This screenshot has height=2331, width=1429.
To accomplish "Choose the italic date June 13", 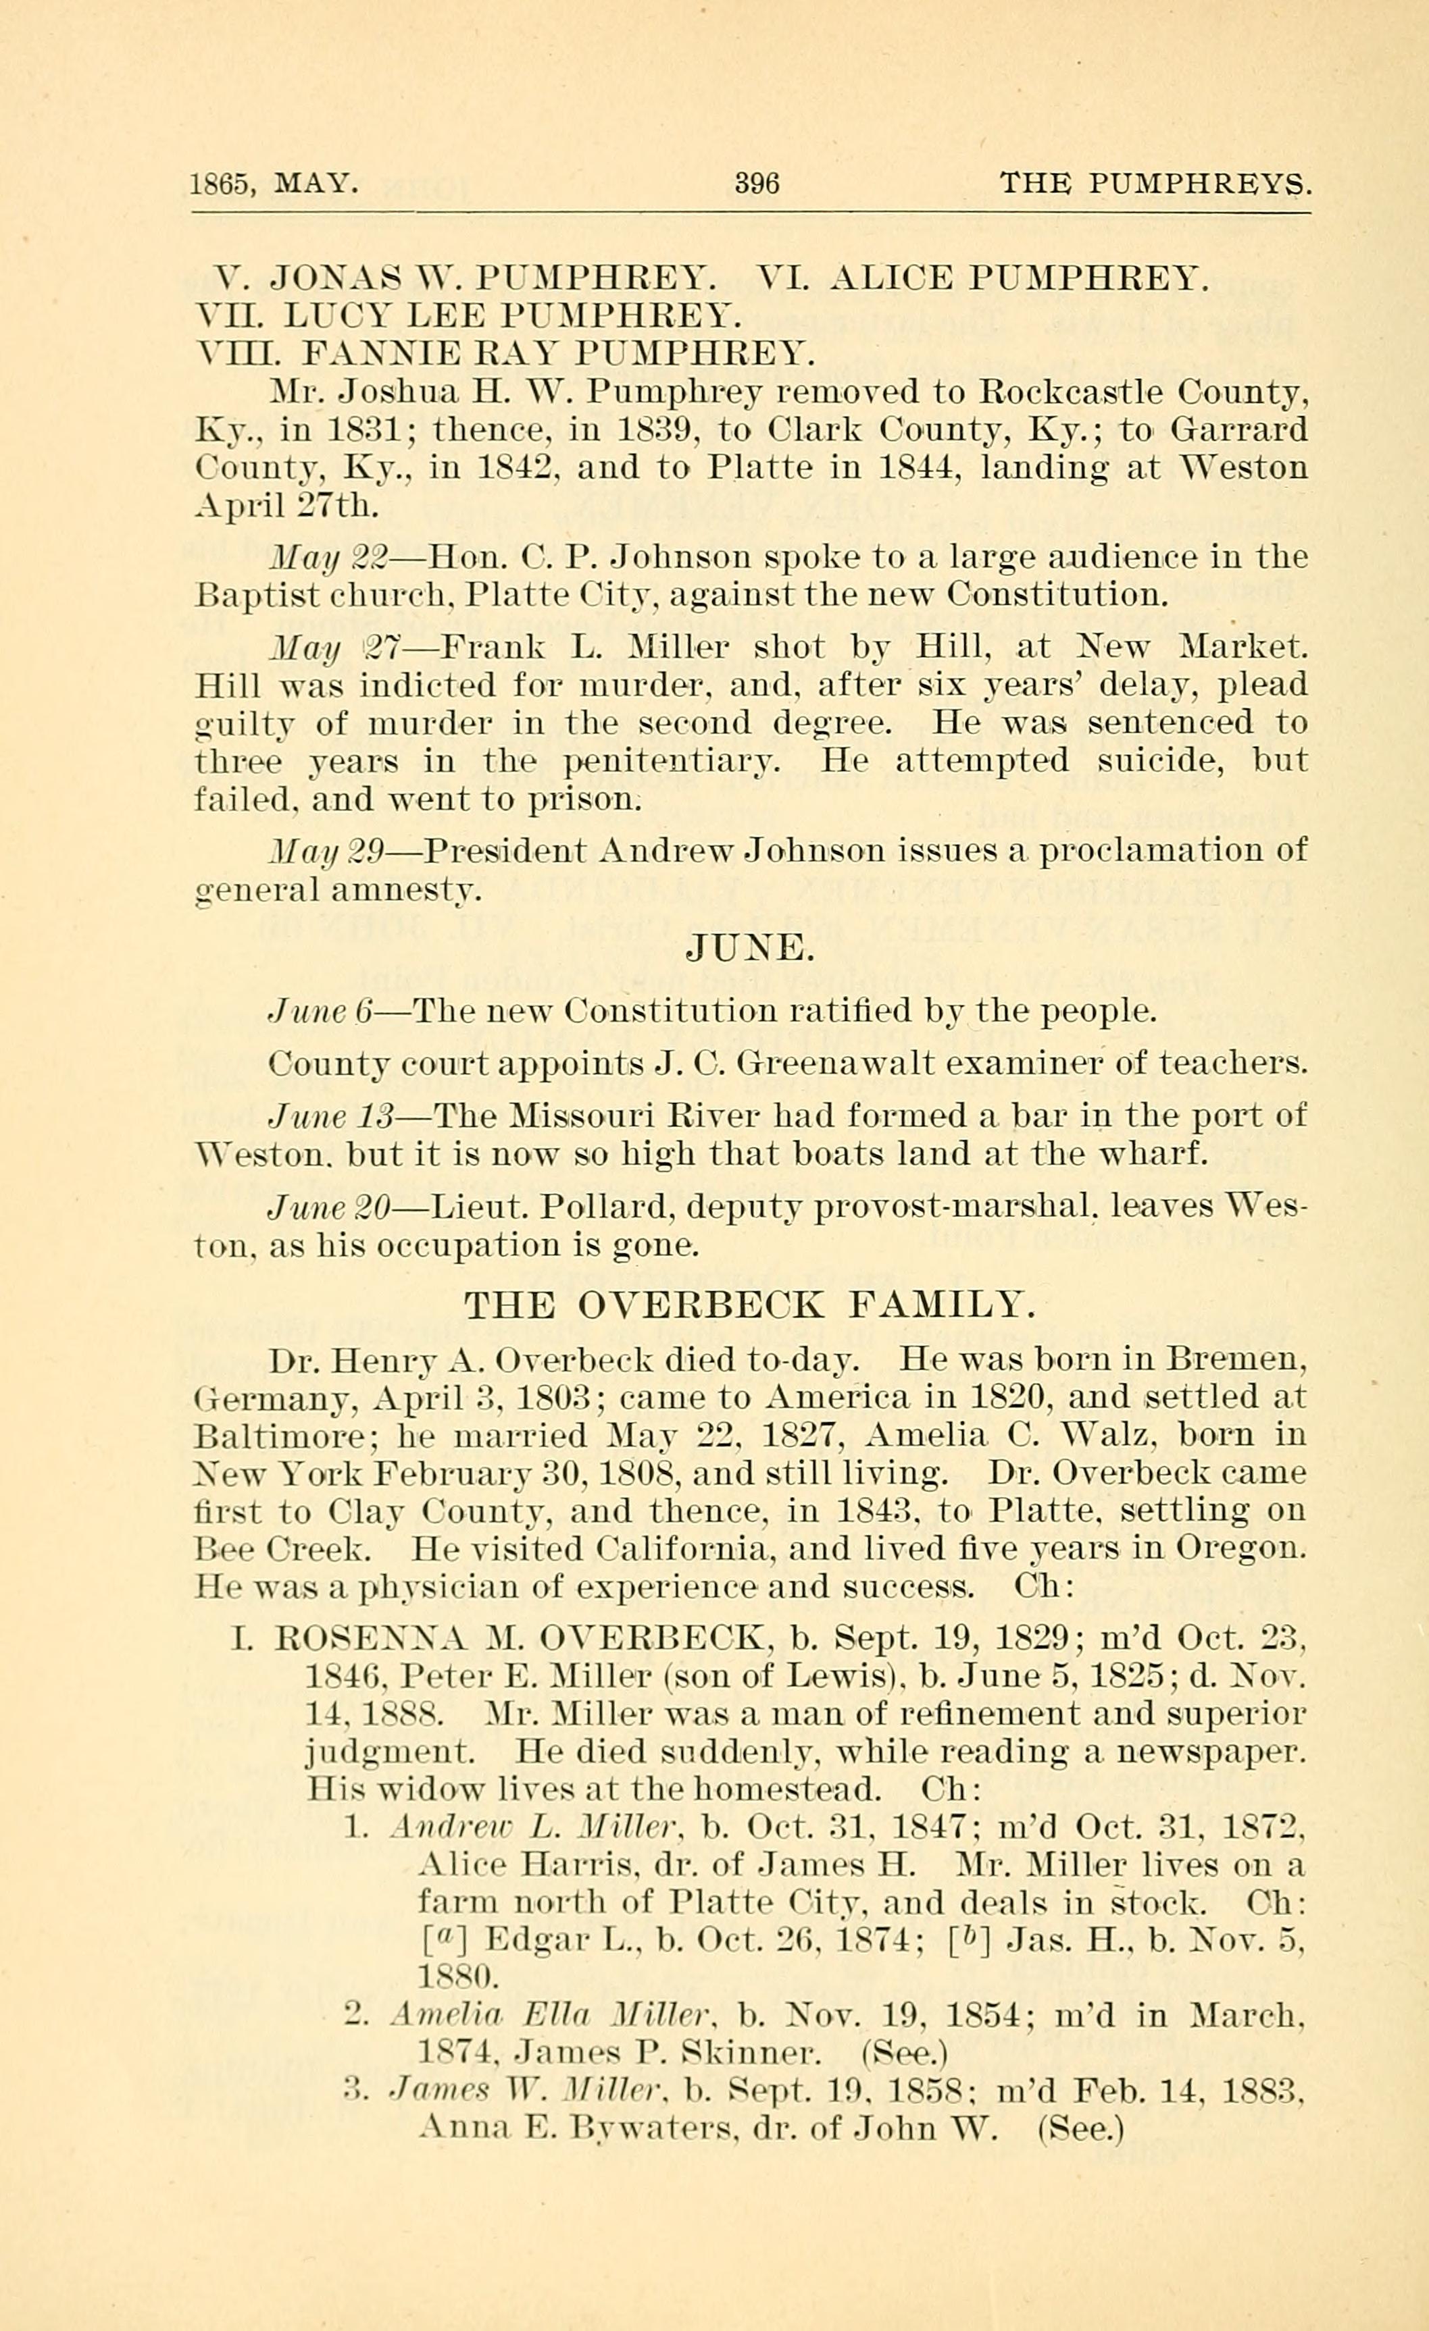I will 331,1116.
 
